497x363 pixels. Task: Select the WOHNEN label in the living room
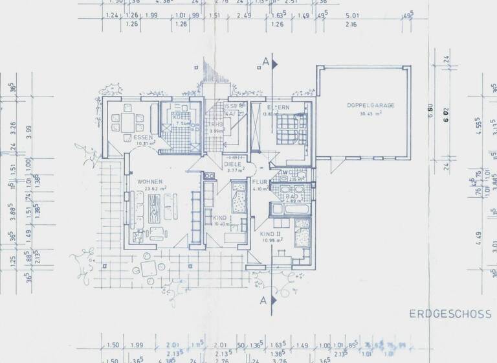149,181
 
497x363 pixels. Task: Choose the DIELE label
232,164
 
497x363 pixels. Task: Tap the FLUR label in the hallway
260,183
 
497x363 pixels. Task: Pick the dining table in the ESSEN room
124,120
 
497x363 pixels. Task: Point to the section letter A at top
265,62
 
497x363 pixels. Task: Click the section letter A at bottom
263,301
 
